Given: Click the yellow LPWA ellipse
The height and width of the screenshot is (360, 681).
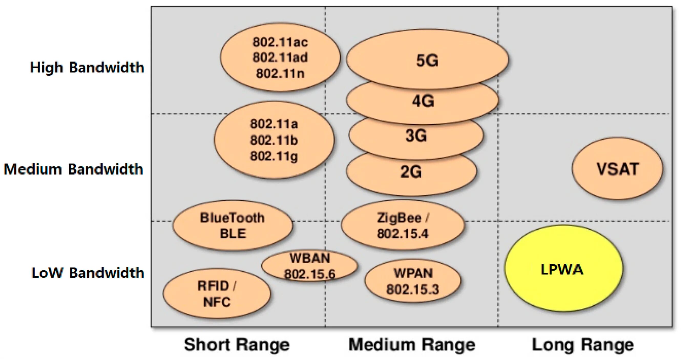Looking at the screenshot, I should [x=563, y=269].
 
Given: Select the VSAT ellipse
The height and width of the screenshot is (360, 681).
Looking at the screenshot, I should [x=617, y=169].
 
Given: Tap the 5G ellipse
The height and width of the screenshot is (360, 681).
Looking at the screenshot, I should [x=427, y=59].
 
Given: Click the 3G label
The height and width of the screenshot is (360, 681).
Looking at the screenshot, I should [x=416, y=136].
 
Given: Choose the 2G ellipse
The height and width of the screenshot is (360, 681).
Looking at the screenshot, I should [x=411, y=173].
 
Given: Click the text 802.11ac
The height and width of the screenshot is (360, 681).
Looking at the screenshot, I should [x=280, y=42].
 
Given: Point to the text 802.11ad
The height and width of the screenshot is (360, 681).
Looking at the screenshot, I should [x=280, y=58].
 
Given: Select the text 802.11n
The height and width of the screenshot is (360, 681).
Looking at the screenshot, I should [x=280, y=73].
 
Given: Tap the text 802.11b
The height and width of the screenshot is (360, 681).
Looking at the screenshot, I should [x=274, y=140].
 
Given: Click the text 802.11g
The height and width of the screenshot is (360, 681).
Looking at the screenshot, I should [x=274, y=156].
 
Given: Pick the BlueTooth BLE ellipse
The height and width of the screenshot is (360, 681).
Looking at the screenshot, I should [x=233, y=225].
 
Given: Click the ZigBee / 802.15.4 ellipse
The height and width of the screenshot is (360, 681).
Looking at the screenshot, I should [x=403, y=225].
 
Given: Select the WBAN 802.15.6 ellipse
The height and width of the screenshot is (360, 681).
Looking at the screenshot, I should [x=310, y=266].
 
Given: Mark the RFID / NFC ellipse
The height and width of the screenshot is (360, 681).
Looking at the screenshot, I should [x=217, y=294].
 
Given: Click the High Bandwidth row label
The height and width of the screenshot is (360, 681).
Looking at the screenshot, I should [x=87, y=67].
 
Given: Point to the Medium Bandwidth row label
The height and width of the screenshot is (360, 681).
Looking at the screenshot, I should [x=73, y=169].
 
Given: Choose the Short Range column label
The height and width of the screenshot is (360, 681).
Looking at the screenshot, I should [x=237, y=344].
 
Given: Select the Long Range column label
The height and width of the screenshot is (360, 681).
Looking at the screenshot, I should [x=583, y=344].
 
